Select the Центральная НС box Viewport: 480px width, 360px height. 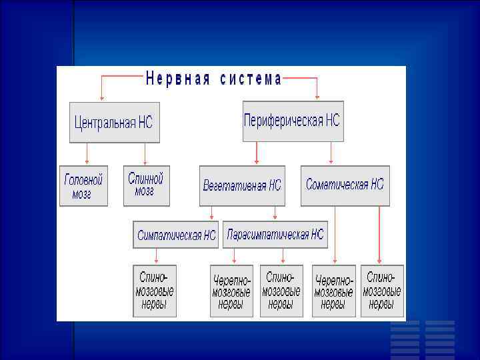(114, 122)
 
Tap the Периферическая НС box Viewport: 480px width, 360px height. (293, 121)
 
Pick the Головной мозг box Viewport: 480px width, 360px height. (83, 186)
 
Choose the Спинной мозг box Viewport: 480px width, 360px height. (146, 185)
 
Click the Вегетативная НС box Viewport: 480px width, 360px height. (242, 185)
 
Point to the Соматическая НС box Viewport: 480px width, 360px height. (345, 185)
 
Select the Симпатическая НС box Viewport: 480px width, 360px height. (177, 235)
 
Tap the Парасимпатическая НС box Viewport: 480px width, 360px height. (275, 235)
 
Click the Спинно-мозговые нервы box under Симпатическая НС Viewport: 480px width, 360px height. (155, 291)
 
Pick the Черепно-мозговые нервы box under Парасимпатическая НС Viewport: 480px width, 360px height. (231, 291)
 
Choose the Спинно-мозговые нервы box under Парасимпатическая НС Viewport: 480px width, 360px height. (281, 291)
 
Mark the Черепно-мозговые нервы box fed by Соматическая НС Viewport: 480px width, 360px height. (333, 291)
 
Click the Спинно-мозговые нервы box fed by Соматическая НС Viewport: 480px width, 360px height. (382, 291)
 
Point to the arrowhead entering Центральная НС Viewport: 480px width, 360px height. (101, 98)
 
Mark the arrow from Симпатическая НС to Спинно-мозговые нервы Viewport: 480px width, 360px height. (156, 256)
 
